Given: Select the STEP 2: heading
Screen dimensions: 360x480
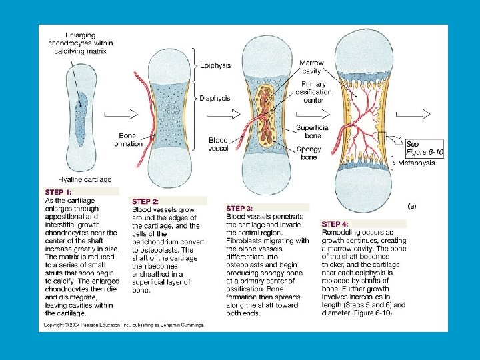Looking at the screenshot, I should click(146, 201).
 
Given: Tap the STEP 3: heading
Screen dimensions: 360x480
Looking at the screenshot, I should click(240, 208).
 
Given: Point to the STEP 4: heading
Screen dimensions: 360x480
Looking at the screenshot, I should click(335, 225).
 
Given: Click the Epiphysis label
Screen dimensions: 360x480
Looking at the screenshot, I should click(215, 66).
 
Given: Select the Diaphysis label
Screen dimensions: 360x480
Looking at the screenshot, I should click(215, 98).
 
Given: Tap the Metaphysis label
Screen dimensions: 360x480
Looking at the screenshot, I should click(416, 162).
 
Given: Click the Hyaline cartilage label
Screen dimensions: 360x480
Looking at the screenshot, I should click(85, 179).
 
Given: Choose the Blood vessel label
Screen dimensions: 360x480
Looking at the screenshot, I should click(218, 145).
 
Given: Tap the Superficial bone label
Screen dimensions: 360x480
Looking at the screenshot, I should click(313, 131).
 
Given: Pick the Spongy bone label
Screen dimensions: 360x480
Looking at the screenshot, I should click(310, 153).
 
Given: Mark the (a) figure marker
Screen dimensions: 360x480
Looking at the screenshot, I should click(411, 206).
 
